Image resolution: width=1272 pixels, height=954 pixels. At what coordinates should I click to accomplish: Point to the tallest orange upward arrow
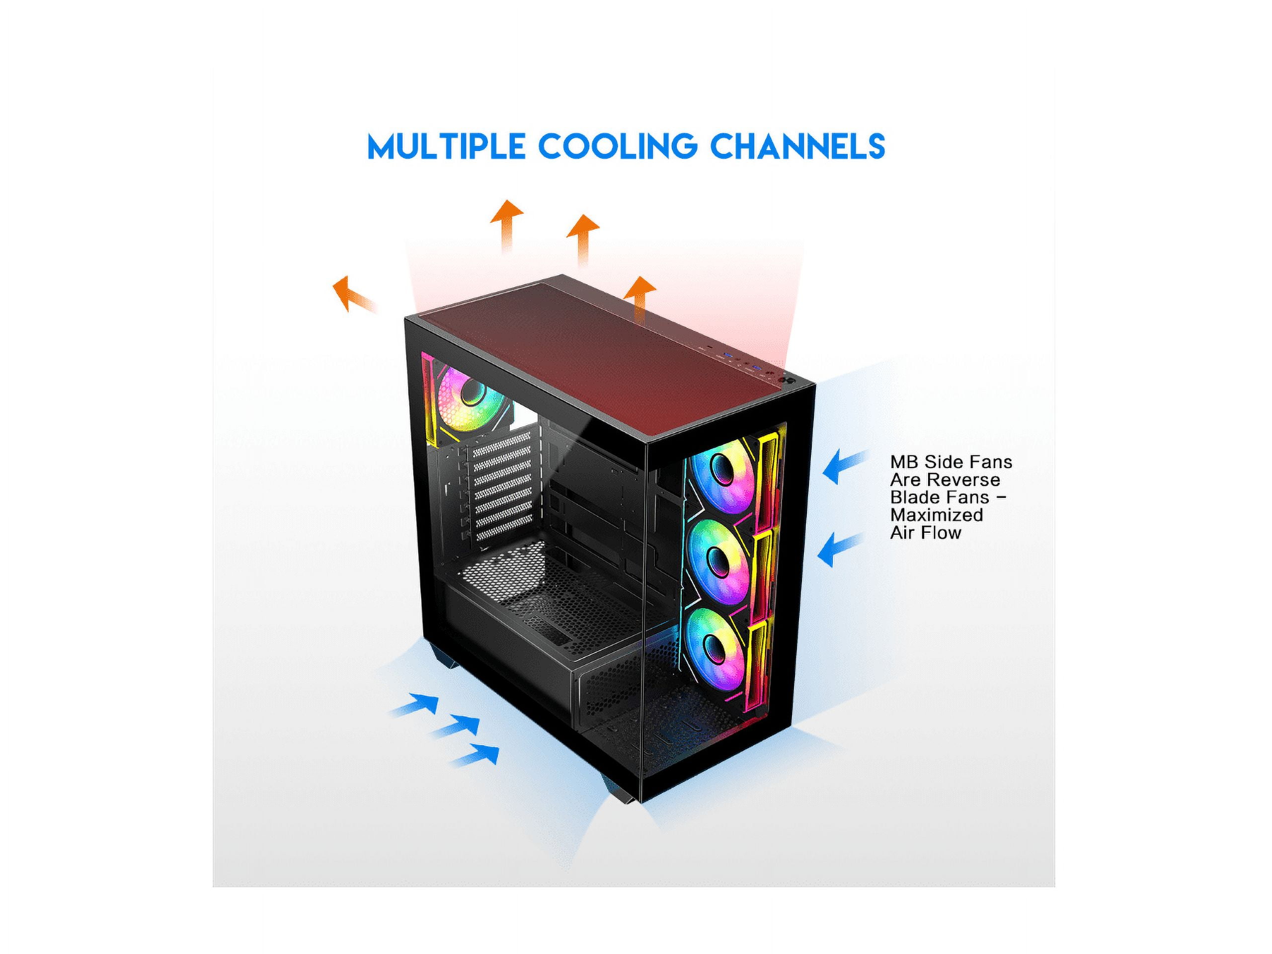(506, 226)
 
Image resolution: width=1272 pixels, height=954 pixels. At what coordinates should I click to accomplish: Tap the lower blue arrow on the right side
(840, 549)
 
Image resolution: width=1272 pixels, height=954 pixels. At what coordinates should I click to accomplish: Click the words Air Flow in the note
(925, 533)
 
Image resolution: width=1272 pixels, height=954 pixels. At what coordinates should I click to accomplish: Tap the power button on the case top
(786, 380)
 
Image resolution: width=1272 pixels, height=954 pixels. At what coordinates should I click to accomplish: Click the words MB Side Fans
(951, 462)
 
